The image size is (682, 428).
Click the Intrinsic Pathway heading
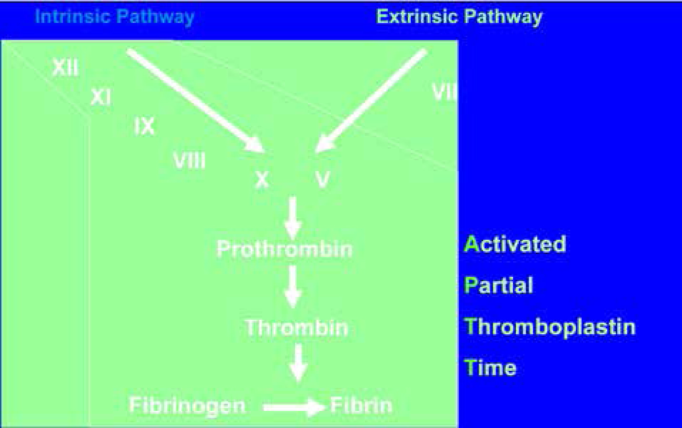click(115, 17)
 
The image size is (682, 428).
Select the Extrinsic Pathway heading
click(459, 17)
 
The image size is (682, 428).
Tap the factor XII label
click(65, 67)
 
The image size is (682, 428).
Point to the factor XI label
click(101, 98)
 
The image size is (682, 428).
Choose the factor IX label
click(144, 126)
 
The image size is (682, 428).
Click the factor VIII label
click(189, 160)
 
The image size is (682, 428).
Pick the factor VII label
click(445, 92)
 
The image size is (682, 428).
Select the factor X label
click(262, 179)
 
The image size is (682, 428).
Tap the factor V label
click(322, 179)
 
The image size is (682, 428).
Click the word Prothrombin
click(285, 249)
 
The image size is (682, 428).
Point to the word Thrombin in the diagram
click(297, 328)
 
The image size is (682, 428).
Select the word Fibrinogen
click(187, 406)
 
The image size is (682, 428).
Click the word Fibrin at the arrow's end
click(361, 406)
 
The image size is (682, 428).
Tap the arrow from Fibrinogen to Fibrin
click(294, 408)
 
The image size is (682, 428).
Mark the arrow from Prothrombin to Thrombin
click(293, 286)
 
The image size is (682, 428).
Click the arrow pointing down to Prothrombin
click(293, 218)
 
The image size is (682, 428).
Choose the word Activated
click(515, 244)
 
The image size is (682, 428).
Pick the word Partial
click(498, 285)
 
